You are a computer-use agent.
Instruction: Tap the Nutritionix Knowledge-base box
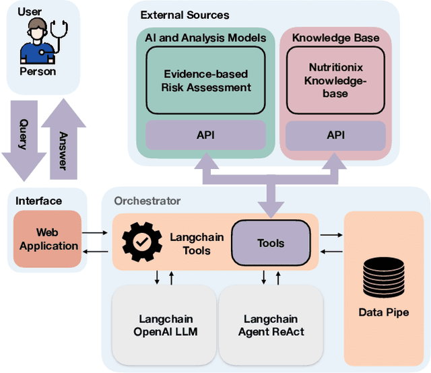[329, 81]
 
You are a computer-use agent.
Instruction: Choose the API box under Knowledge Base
[335, 135]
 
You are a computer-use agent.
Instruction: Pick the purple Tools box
[271, 243]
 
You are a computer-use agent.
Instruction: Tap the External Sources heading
[185, 15]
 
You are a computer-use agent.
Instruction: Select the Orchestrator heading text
[147, 201]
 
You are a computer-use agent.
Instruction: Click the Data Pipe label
[384, 312]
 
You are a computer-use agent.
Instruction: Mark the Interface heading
[38, 201]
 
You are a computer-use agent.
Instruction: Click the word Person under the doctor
[38, 71]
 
